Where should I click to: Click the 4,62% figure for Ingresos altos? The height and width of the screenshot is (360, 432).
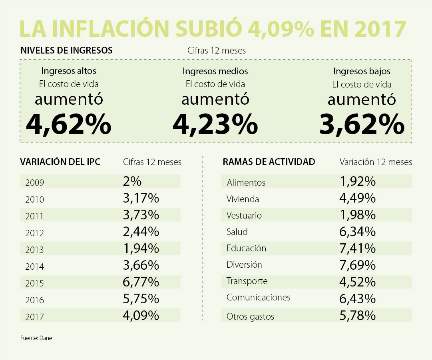[x=68, y=124]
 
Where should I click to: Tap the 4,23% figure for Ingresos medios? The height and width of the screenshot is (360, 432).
[x=215, y=124]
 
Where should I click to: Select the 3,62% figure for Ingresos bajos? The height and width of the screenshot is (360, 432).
[x=362, y=124]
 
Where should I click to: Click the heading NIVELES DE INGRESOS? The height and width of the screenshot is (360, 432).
[x=66, y=51]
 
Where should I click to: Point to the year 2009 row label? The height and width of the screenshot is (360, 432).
[x=34, y=183]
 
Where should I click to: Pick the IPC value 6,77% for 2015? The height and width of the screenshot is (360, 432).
[x=141, y=282]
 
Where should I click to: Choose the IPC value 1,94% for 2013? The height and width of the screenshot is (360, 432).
[x=141, y=249]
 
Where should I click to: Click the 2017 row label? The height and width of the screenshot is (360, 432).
[x=34, y=317]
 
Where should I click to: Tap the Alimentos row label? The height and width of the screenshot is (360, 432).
[x=246, y=183]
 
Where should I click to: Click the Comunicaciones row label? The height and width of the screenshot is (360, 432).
[x=258, y=297]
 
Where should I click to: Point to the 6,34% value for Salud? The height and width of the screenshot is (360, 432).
[x=358, y=231]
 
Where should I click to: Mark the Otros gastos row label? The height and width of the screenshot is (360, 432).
[x=250, y=316]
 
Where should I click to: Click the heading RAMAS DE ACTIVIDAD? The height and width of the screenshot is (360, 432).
[x=269, y=162]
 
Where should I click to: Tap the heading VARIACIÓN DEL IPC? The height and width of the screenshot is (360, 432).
[x=60, y=162]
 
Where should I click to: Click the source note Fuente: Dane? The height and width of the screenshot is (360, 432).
[x=36, y=338]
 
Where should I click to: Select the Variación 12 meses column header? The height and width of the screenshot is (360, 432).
[x=376, y=162]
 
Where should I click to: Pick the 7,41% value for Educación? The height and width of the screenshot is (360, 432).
[x=358, y=248]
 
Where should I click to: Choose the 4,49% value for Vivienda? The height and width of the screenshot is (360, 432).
[x=358, y=198]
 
